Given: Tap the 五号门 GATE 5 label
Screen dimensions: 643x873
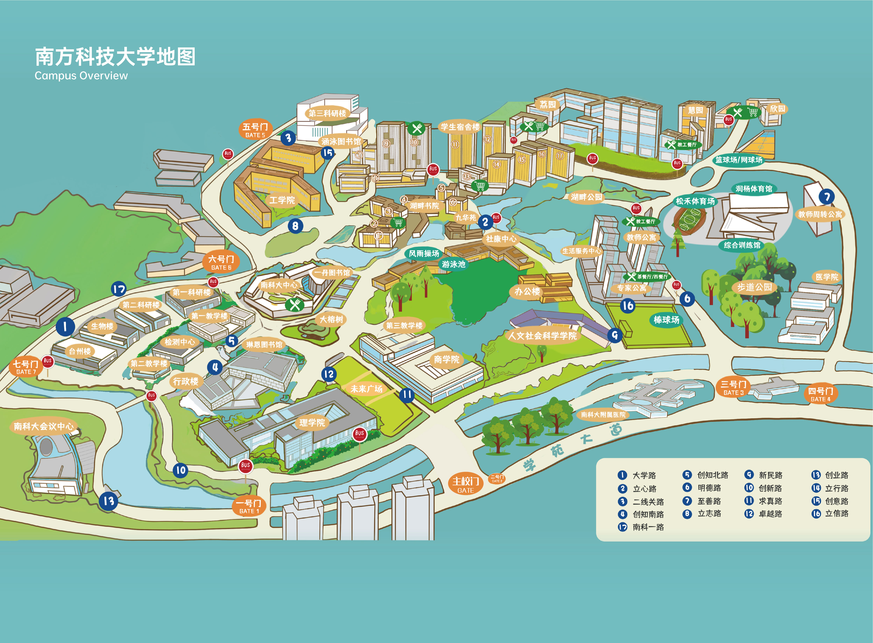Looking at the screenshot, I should (255, 130).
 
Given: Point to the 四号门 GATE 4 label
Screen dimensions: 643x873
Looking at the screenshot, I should (820, 394).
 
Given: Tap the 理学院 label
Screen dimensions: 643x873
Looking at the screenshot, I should (312, 423).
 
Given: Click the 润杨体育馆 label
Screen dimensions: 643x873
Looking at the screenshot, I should (754, 189).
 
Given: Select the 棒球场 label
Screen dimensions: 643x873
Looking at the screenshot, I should (666, 320).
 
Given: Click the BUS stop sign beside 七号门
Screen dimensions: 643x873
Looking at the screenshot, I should (47, 361).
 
